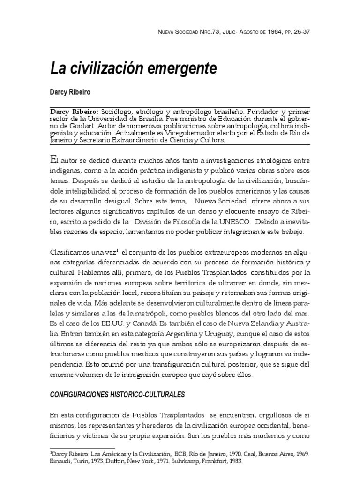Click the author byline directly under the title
click(x=70, y=91)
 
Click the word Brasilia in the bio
click(x=150, y=119)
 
